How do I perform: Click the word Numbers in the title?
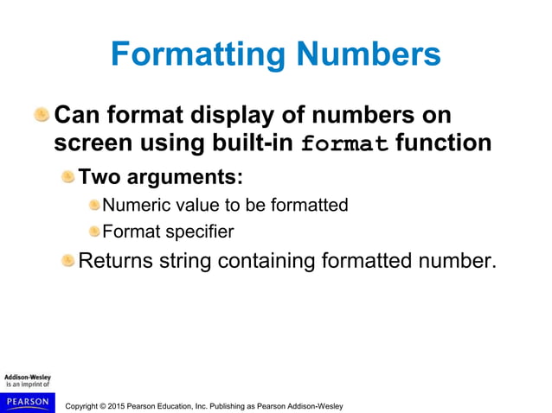point(369,55)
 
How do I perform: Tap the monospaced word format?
point(345,144)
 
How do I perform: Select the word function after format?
point(444,143)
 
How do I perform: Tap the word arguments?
point(185,178)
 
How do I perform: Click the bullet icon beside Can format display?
point(42,115)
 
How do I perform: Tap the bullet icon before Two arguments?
point(67,177)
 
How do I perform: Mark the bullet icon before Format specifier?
point(93,231)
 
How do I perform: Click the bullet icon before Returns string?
point(67,260)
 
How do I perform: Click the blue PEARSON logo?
point(27,402)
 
